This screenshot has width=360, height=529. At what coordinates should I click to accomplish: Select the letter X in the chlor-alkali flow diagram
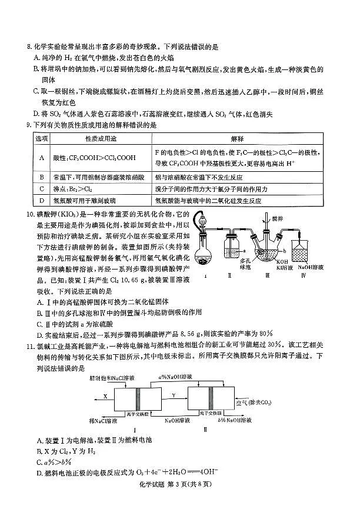[x=105, y=397]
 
